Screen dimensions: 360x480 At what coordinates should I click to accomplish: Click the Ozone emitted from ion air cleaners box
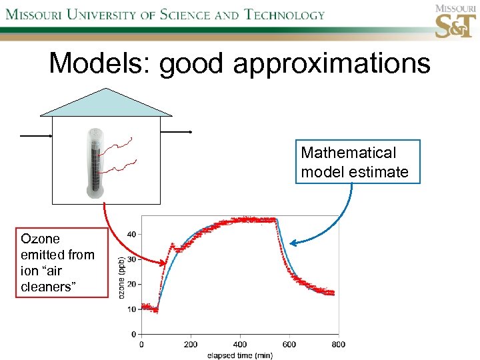click(61, 262)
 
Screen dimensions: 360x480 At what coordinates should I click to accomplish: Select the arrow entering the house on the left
click(36, 135)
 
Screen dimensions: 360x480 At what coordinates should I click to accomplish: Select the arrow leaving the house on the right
click(177, 132)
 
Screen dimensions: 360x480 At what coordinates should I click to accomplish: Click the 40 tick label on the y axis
click(131, 234)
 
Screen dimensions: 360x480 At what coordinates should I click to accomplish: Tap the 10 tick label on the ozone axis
click(131, 309)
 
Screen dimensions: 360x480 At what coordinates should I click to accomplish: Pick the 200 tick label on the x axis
click(191, 345)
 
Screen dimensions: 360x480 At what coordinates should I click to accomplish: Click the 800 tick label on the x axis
click(338, 345)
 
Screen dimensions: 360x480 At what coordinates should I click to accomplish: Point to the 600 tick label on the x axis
click(289, 345)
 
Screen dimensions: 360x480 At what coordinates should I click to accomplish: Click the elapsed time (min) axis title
click(239, 355)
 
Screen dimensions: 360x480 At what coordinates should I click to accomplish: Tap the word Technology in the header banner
click(284, 14)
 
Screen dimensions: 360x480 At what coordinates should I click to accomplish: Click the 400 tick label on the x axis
click(239, 345)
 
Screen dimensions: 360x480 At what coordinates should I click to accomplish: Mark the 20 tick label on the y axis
click(131, 284)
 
